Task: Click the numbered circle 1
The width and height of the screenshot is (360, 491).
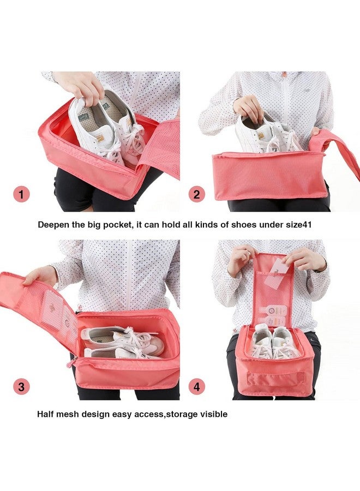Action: [x=21, y=194]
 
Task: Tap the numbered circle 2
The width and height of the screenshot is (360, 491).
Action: [x=197, y=194]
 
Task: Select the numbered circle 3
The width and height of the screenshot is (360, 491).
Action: [x=21, y=387]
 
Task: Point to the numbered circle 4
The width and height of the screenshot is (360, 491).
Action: [x=197, y=387]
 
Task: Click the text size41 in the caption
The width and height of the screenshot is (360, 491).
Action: [x=295, y=224]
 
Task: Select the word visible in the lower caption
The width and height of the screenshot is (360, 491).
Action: [x=211, y=414]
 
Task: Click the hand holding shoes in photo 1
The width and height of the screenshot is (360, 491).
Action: [x=82, y=85]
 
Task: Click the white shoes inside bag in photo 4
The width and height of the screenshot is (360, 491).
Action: [x=274, y=342]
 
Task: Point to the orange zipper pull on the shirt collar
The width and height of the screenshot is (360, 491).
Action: [x=284, y=74]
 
